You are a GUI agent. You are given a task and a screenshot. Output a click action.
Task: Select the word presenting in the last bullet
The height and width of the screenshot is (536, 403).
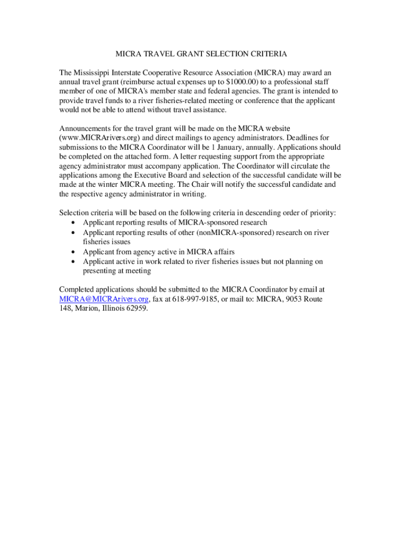(x=100, y=271)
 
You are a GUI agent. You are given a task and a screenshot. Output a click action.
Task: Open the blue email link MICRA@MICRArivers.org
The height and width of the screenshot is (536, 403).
(x=104, y=299)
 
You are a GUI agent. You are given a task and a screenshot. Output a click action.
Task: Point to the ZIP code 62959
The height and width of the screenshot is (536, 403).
(x=137, y=308)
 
